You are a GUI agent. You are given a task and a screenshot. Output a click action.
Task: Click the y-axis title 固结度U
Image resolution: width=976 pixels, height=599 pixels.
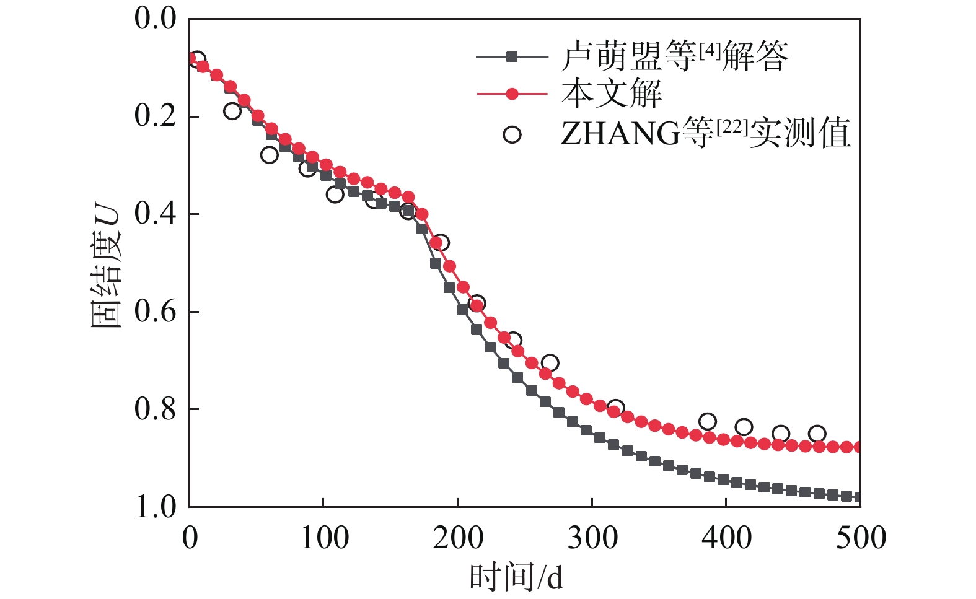tap(106, 266)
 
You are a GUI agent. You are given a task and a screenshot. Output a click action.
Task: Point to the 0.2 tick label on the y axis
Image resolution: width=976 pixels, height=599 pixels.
tap(156, 116)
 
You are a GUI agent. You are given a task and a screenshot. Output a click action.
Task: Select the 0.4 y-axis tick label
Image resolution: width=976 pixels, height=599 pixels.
tap(156, 214)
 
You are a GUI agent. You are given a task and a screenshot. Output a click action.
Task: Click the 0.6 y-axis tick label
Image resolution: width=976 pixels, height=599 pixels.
tap(156, 311)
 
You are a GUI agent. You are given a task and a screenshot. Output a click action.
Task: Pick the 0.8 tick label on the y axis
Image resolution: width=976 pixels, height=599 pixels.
tap(156, 409)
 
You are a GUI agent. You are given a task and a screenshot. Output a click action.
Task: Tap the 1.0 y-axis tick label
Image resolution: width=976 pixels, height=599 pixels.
tap(156, 506)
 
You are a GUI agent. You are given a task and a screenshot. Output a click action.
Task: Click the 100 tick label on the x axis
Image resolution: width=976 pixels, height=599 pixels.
tap(324, 538)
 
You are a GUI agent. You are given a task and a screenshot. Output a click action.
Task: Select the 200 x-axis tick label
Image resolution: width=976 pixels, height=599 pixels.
tap(458, 538)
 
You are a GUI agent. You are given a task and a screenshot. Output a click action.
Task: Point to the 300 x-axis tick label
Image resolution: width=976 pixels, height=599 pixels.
tap(592, 538)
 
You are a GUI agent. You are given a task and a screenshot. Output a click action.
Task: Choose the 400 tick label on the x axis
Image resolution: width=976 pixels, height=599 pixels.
tap(726, 538)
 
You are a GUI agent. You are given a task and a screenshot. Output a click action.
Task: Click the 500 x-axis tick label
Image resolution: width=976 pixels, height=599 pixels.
tap(860, 538)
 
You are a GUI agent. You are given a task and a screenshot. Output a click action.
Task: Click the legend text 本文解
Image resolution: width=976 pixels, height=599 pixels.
tap(611, 94)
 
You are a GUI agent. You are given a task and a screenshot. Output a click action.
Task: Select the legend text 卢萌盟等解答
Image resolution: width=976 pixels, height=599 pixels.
tap(674, 56)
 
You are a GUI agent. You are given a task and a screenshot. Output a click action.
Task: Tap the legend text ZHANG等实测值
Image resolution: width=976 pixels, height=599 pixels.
tap(705, 133)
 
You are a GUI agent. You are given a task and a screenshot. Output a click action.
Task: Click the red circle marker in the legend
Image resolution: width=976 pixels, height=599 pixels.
tap(512, 94)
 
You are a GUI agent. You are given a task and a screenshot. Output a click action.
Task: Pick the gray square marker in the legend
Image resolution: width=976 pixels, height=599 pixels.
tap(512, 56)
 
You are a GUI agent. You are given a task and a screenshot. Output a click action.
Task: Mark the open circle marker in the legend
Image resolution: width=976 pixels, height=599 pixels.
tap(512, 134)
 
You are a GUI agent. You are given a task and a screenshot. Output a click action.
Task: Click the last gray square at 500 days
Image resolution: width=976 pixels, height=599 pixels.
tap(858, 497)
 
